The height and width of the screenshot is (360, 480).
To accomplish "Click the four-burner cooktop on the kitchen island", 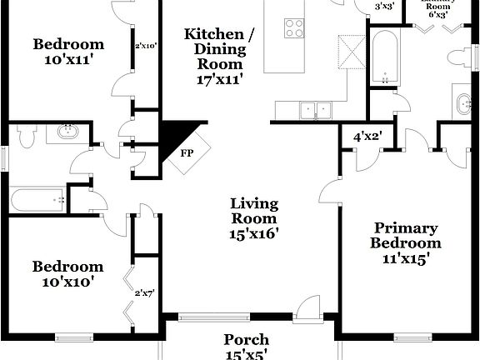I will click(294, 27).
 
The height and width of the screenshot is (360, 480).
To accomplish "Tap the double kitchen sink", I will click(316, 109).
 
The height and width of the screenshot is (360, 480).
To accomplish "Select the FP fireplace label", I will click(186, 154).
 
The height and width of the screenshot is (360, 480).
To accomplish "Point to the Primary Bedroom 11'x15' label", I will click(406, 242).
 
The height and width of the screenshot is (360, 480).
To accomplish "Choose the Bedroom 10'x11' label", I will click(68, 52).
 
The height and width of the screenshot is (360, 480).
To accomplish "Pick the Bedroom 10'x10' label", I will click(68, 274).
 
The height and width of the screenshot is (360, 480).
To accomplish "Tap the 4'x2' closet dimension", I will click(367, 136).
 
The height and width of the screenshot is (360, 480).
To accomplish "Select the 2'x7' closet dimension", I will click(146, 293).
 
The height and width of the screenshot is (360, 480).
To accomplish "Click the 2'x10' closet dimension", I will click(146, 46).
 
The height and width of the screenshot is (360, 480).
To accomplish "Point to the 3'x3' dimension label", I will click(384, 7).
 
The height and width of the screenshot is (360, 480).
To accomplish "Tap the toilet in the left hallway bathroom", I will click(26, 136).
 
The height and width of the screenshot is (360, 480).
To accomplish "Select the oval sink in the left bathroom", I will click(67, 132).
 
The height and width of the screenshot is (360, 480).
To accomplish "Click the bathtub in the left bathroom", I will click(37, 201).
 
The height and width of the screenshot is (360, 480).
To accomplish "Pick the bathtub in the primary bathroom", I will click(385, 57).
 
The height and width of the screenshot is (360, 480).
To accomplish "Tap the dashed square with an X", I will click(352, 53).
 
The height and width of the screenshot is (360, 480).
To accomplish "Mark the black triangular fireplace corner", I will click(177, 134).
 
